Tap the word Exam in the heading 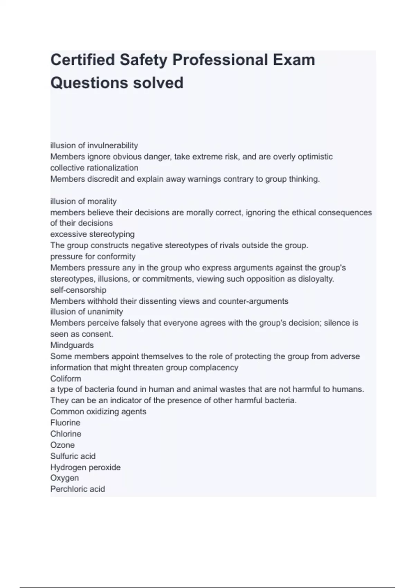pyautogui.click(x=294, y=60)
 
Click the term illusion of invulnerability pyautogui.click(x=94, y=146)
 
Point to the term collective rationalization pyautogui.click(x=94, y=168)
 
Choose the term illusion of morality pyautogui.click(x=83, y=201)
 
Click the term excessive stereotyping pyautogui.click(x=92, y=234)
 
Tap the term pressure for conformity pyautogui.click(x=93, y=257)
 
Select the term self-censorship pyautogui.click(x=78, y=290)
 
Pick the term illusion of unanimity pyautogui.click(x=86, y=312)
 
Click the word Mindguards pyautogui.click(x=72, y=345)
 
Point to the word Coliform pyautogui.click(x=66, y=378)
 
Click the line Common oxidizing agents pyautogui.click(x=98, y=412)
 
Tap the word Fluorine pyautogui.click(x=65, y=423)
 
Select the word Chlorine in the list pyautogui.click(x=66, y=434)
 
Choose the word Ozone pyautogui.click(x=62, y=445)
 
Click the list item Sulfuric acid pyautogui.click(x=73, y=456)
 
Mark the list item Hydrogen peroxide pyautogui.click(x=85, y=467)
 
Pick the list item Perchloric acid pyautogui.click(x=77, y=489)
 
